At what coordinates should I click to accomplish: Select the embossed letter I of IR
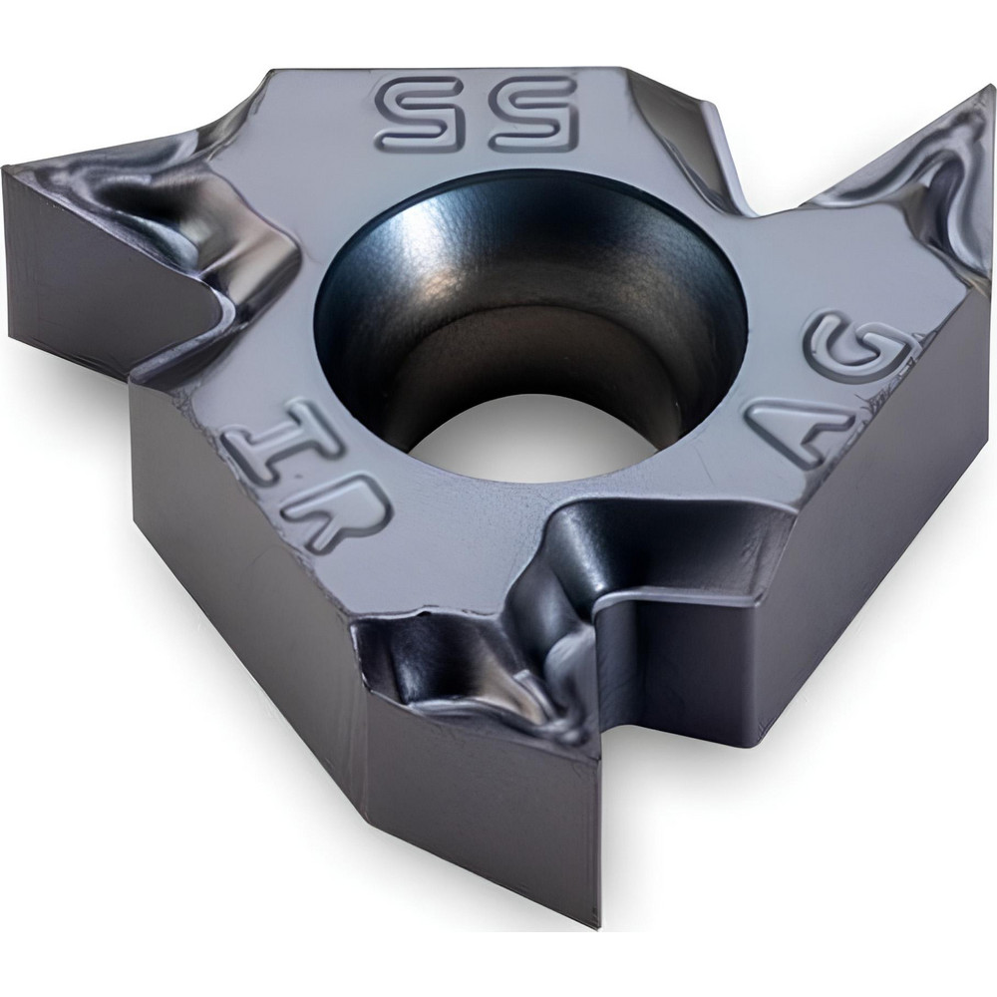click(261, 452)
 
